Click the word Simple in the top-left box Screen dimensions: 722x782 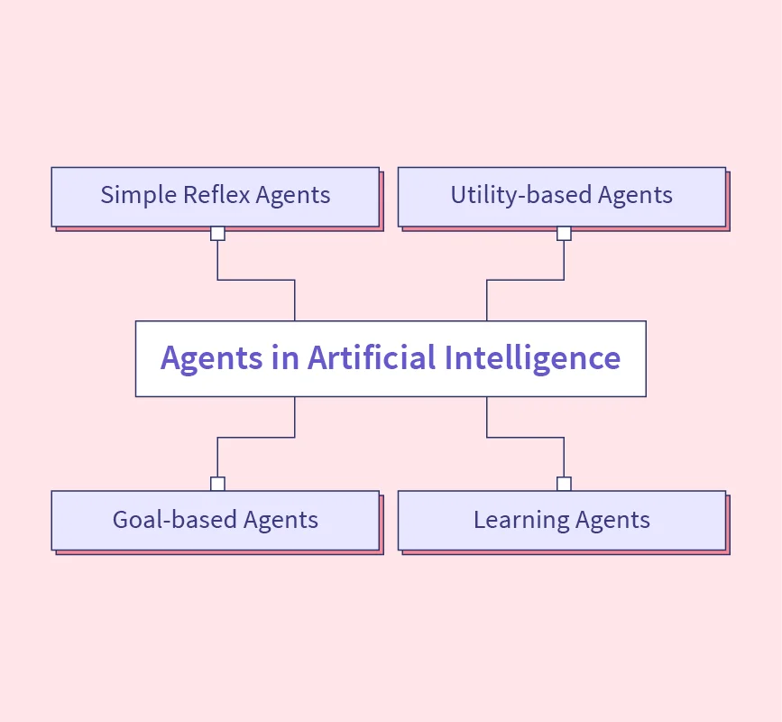click(130, 195)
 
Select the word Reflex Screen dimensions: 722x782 click(208, 195)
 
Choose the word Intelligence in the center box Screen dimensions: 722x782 click(532, 357)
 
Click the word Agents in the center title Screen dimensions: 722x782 click(210, 357)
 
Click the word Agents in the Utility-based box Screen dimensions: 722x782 click(635, 195)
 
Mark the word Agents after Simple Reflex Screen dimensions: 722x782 click(293, 195)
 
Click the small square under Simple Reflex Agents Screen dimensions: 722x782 click(217, 234)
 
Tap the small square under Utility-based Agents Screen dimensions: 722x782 click(564, 234)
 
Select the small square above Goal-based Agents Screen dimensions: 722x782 click(217, 484)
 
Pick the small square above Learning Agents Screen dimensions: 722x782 click(564, 484)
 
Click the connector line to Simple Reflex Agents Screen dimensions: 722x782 click(256, 280)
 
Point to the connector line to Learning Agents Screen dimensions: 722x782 click(525, 438)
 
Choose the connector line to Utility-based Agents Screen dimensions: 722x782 click(525, 280)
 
